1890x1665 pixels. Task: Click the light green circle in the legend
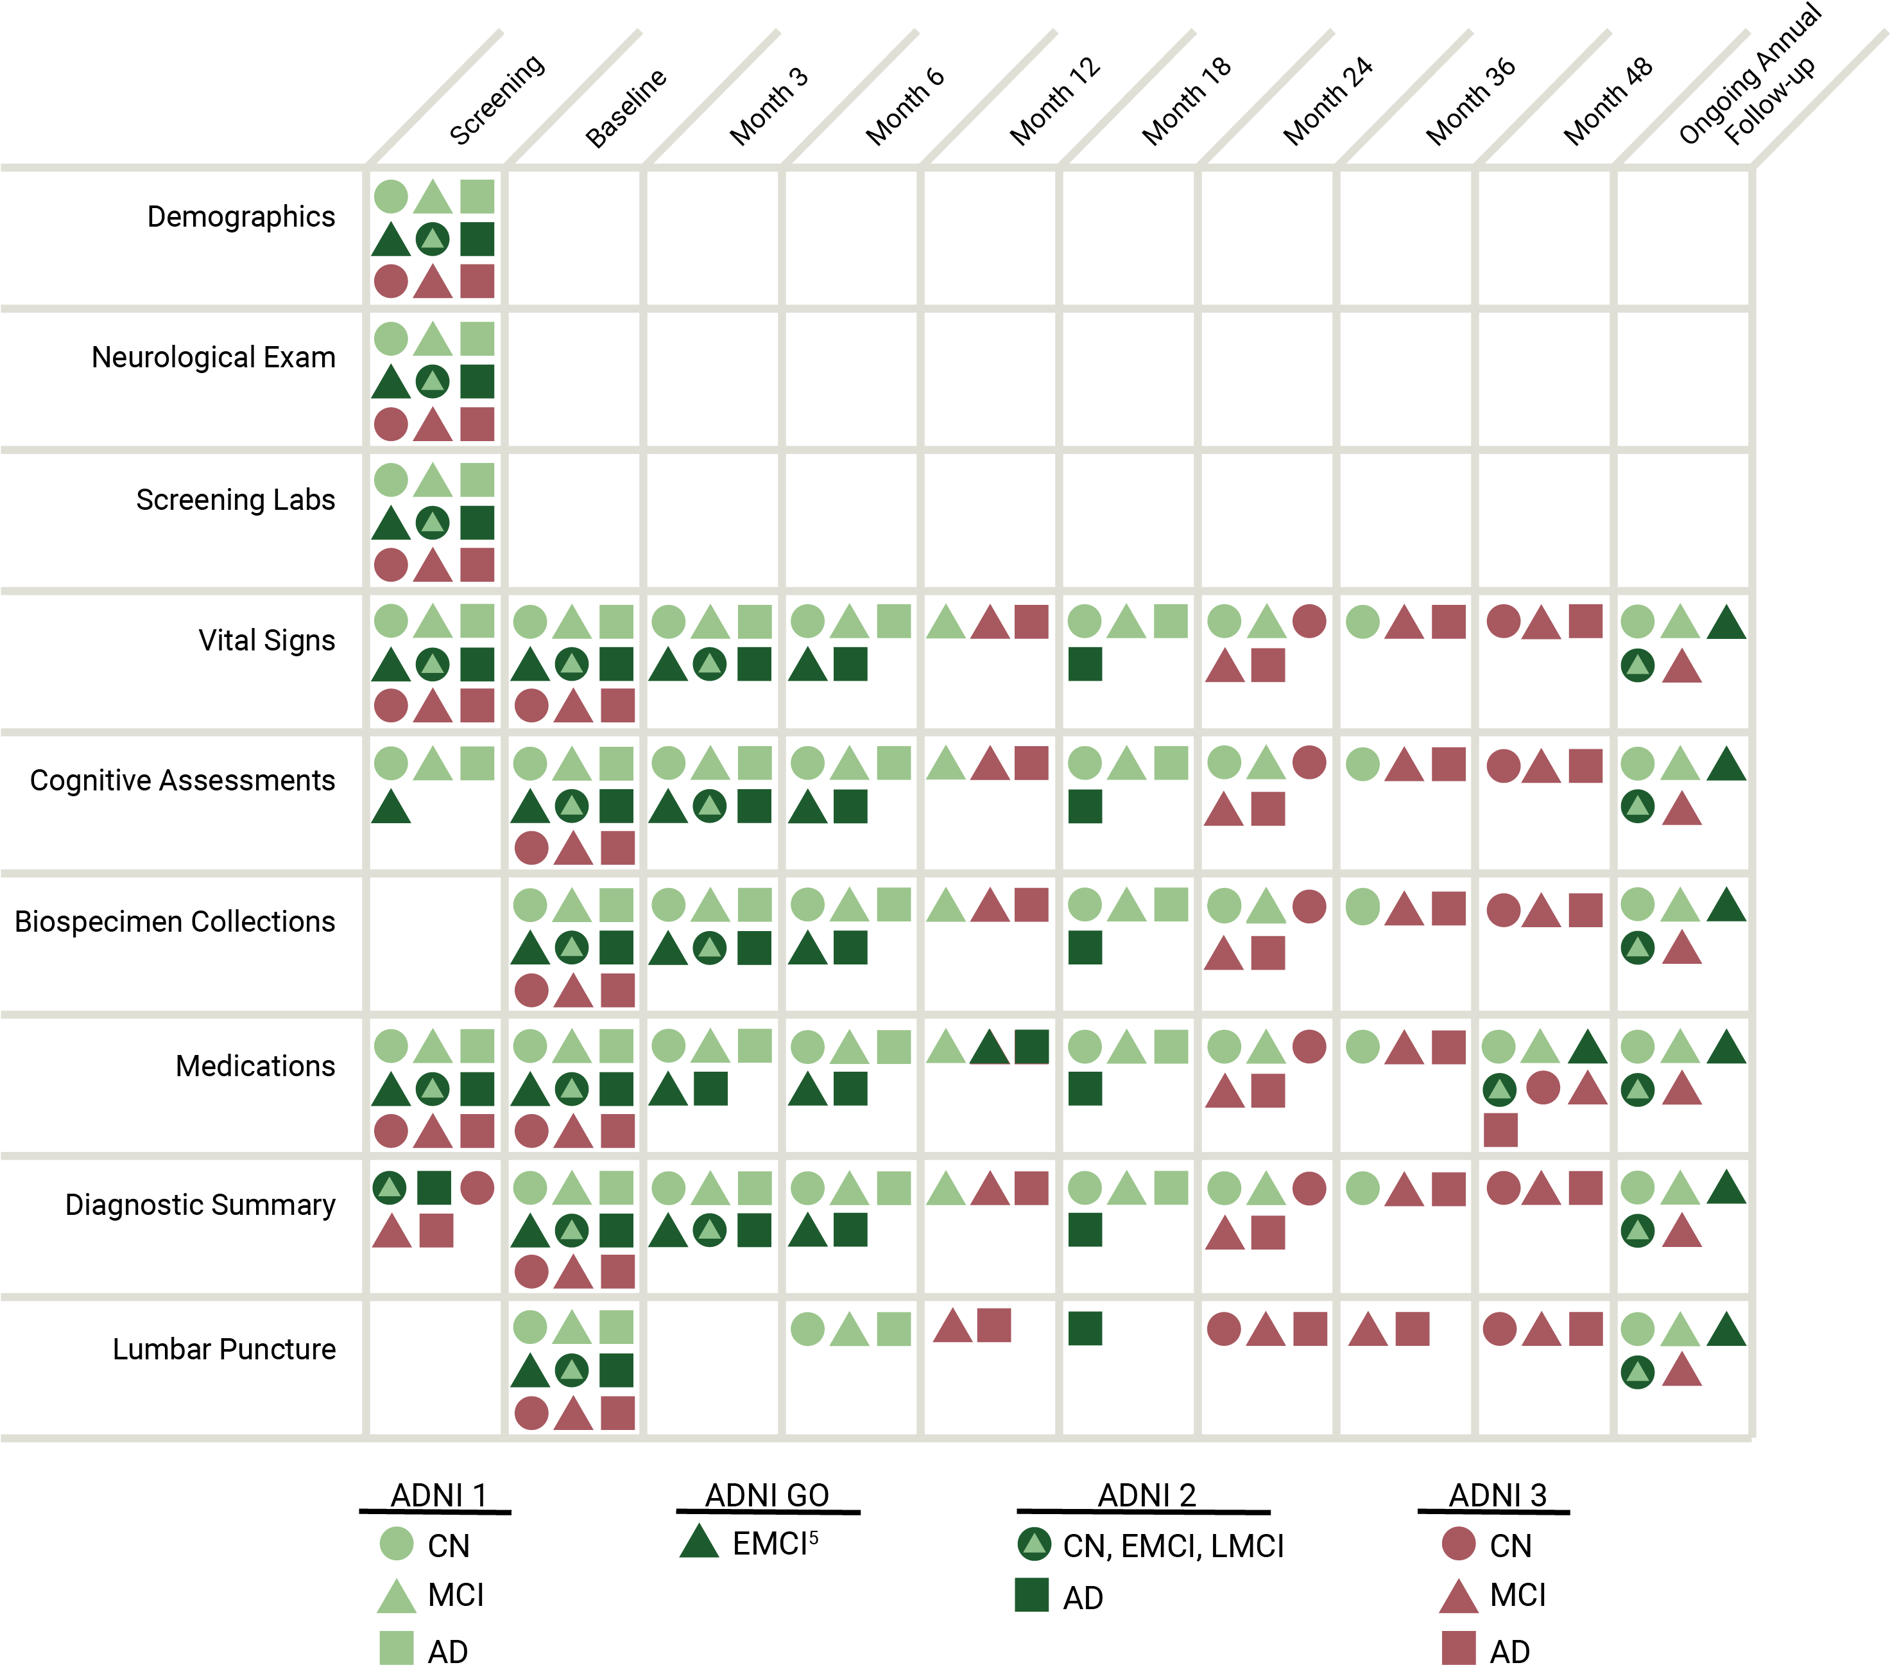tap(397, 1543)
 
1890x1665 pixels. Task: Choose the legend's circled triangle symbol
tap(1034, 1543)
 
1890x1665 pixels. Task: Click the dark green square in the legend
tap(1032, 1595)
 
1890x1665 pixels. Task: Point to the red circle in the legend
tap(1458, 1543)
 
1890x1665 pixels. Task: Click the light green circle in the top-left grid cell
tap(391, 196)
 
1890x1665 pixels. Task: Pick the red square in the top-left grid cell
tap(477, 281)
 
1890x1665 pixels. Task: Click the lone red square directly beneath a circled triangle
tap(1500, 1129)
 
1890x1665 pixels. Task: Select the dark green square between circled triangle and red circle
tap(434, 1188)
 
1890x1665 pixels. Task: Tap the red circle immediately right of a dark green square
tap(477, 1188)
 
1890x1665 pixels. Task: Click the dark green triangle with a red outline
tap(990, 1048)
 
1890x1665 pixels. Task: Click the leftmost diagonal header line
tap(434, 98)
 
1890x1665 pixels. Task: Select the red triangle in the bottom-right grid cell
tap(1682, 1371)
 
